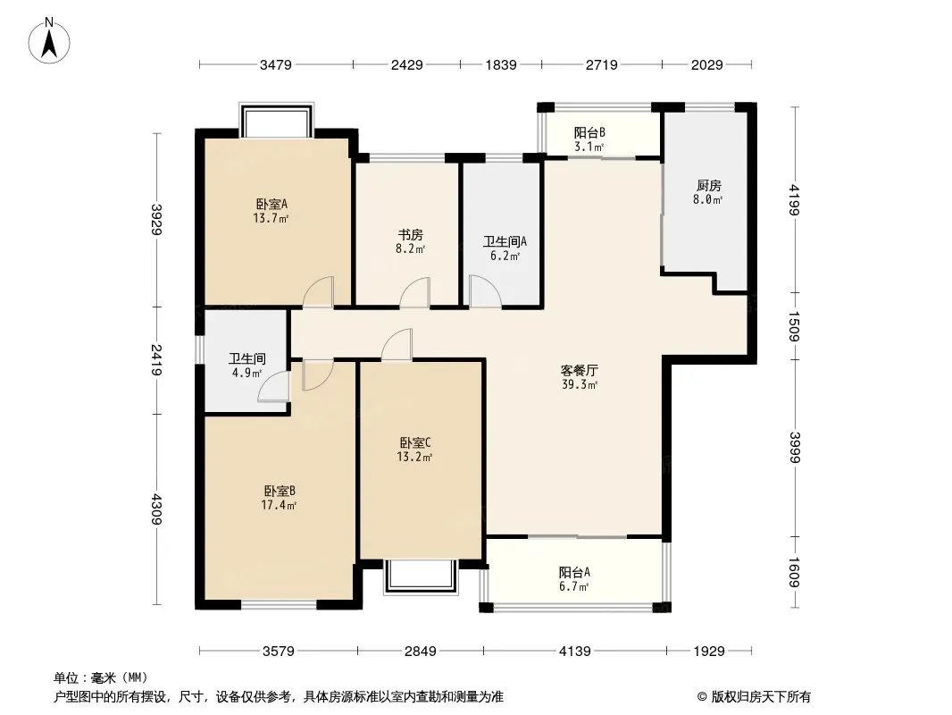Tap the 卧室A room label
[x=271, y=204]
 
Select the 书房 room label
[x=411, y=234]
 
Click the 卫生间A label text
[x=505, y=242]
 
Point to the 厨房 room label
[x=708, y=185]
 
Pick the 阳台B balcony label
[x=589, y=132]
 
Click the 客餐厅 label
[x=580, y=370]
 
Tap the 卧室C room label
[x=415, y=442]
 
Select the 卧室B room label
[x=280, y=491]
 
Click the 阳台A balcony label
[x=573, y=572]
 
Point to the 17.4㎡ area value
[x=279, y=505]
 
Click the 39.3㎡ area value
[x=580, y=384]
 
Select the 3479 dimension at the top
[x=276, y=64]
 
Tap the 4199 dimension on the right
[x=795, y=199]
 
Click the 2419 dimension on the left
[x=156, y=359]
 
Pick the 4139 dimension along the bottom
[x=574, y=652]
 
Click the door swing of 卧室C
[x=397, y=344]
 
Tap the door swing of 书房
[x=414, y=292]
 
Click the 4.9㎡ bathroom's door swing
[x=274, y=386]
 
